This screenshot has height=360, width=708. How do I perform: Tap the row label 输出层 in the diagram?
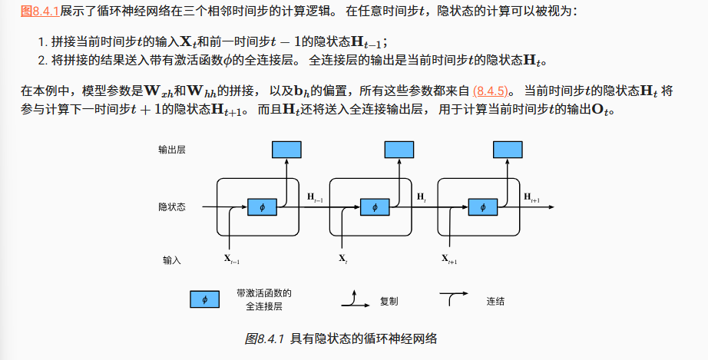point(172,150)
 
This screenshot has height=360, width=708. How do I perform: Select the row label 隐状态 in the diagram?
point(172,207)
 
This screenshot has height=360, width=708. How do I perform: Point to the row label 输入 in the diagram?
point(172,260)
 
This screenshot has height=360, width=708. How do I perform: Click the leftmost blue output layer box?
point(287,149)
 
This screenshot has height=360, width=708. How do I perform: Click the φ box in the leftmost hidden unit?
point(261,207)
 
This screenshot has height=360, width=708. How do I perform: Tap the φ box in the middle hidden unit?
point(374,207)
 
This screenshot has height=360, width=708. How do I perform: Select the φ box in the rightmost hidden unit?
point(481,207)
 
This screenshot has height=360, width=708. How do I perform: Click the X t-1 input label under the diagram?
point(232,259)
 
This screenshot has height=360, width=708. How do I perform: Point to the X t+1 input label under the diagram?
point(449,259)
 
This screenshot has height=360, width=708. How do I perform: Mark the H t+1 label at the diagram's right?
point(532,199)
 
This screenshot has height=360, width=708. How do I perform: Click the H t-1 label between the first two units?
point(315,198)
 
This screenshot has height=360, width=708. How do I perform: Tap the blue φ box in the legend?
point(204,299)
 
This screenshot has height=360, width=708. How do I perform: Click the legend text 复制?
point(389,301)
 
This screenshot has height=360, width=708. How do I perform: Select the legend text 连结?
point(495,301)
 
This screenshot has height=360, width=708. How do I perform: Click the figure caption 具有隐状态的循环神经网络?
point(364,339)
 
